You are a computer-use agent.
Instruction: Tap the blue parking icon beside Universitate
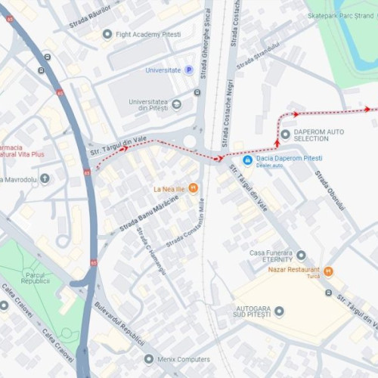pyautogui.click(x=189, y=70)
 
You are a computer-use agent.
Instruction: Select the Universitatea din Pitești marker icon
pyautogui.click(x=177, y=104)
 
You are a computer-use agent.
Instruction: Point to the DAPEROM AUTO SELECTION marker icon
pyautogui.click(x=285, y=135)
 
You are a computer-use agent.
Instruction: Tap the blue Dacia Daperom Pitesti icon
pyautogui.click(x=248, y=160)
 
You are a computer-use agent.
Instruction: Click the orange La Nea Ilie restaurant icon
pyautogui.click(x=193, y=187)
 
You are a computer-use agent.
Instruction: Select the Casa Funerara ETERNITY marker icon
pyautogui.click(x=301, y=256)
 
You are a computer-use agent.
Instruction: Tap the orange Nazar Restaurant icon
pyautogui.click(x=328, y=270)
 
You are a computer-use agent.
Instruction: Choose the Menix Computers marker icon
pyautogui.click(x=149, y=359)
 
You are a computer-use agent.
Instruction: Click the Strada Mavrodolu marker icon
pyautogui.click(x=45, y=179)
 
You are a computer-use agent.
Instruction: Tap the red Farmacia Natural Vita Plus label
pyautogui.click(x=22, y=150)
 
